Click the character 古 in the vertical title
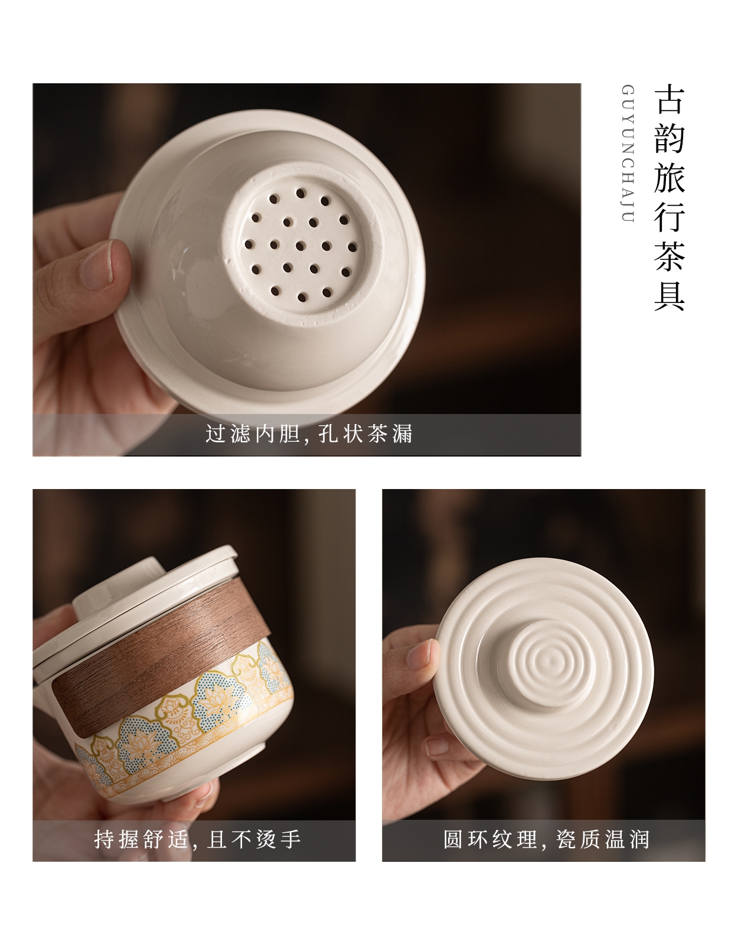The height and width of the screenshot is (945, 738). [x=670, y=100]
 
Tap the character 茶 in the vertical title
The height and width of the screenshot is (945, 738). [x=670, y=256]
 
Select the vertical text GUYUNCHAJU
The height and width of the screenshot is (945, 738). [x=628, y=154]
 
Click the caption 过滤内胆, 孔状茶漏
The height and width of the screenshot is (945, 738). [x=309, y=434]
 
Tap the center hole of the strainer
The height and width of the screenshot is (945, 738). [x=301, y=246]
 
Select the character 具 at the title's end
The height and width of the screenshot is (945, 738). [x=670, y=295]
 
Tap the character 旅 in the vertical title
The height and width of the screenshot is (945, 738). [x=670, y=178]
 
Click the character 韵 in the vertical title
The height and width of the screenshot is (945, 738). [x=670, y=139]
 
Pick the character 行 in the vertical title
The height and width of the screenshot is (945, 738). [x=670, y=217]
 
